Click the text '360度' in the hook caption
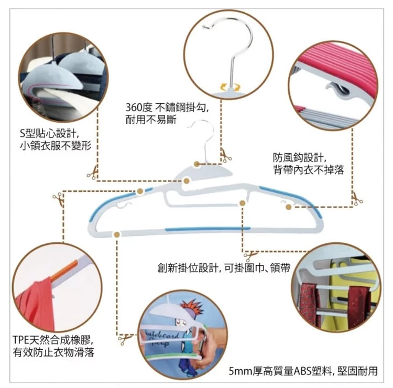(x=139, y=108)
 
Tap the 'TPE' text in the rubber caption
(x=21, y=340)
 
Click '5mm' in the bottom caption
(x=240, y=371)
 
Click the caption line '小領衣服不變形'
(x=56, y=146)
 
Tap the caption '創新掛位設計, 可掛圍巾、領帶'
(x=224, y=268)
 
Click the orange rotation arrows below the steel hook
(x=230, y=87)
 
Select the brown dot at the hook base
(x=196, y=164)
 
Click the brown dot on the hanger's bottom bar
(x=117, y=234)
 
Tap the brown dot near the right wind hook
(x=289, y=207)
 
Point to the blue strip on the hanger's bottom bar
(x=208, y=229)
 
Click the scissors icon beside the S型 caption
(x=92, y=173)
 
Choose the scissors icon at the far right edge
(x=357, y=199)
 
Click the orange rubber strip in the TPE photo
(x=64, y=271)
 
